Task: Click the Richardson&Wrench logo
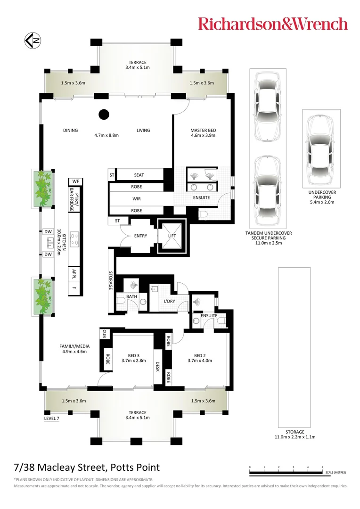coord(273,24)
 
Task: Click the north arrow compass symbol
coord(32,41)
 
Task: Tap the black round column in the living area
coord(104,114)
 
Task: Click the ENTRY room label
coord(140,236)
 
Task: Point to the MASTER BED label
coord(203,131)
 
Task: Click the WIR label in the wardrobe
coord(137,199)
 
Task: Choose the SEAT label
coord(139,175)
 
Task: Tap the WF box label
coord(75,181)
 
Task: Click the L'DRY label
coord(170,301)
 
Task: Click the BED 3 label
coord(134,355)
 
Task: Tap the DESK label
coord(157,366)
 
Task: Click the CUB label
coord(104,334)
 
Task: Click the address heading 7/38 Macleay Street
coord(87,468)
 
